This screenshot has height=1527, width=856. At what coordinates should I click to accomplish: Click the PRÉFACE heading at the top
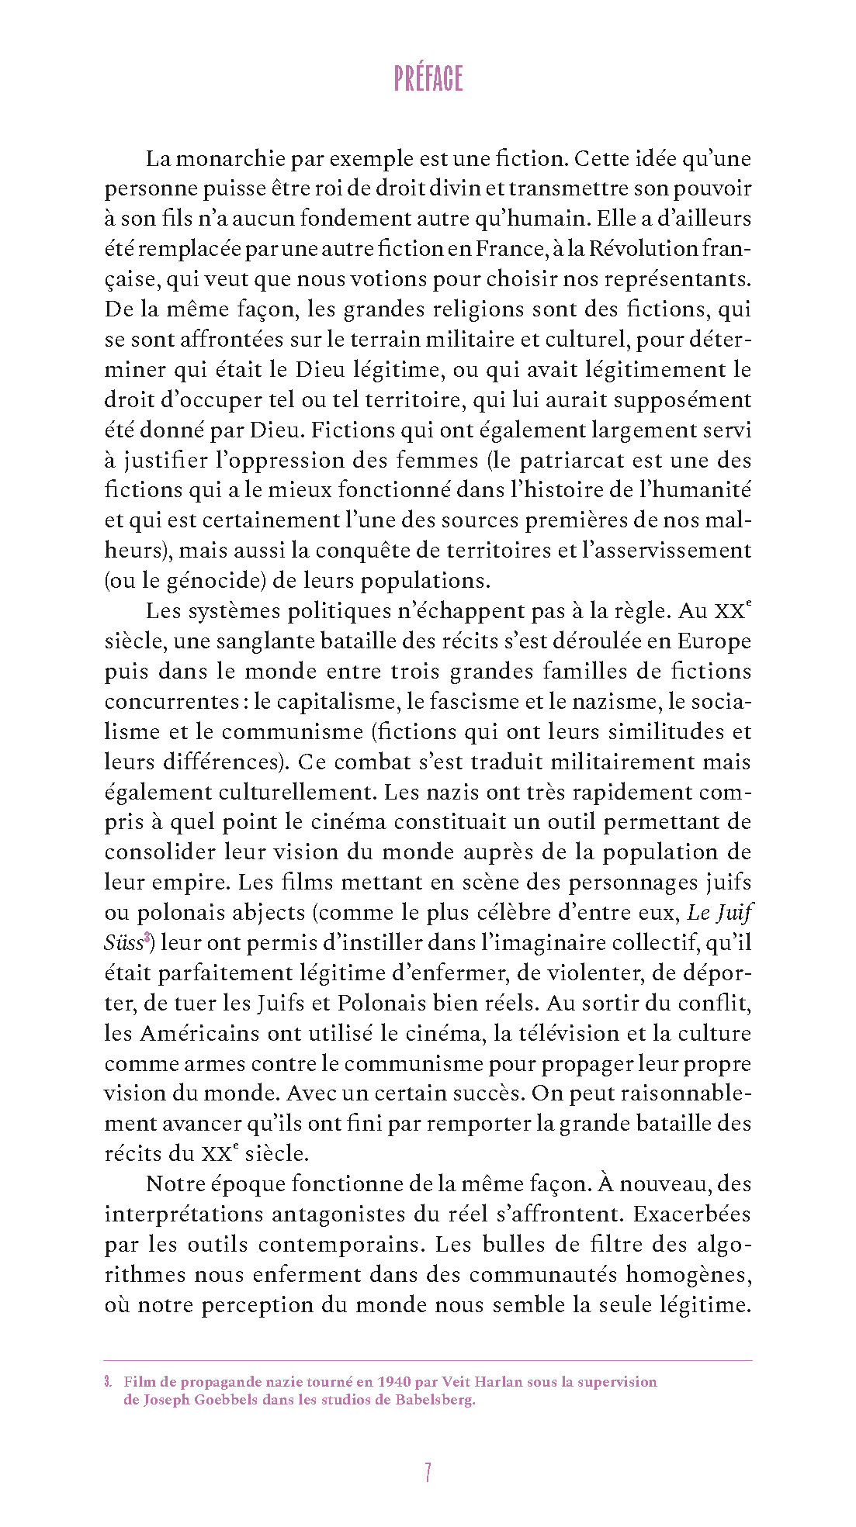[x=428, y=78]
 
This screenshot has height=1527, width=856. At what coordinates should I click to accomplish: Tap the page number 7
[x=428, y=1472]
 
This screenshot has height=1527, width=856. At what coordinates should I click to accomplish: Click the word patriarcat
[x=571, y=460]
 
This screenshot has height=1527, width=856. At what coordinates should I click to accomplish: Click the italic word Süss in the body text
[x=123, y=944]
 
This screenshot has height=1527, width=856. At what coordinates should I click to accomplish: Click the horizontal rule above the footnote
[x=428, y=1360]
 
